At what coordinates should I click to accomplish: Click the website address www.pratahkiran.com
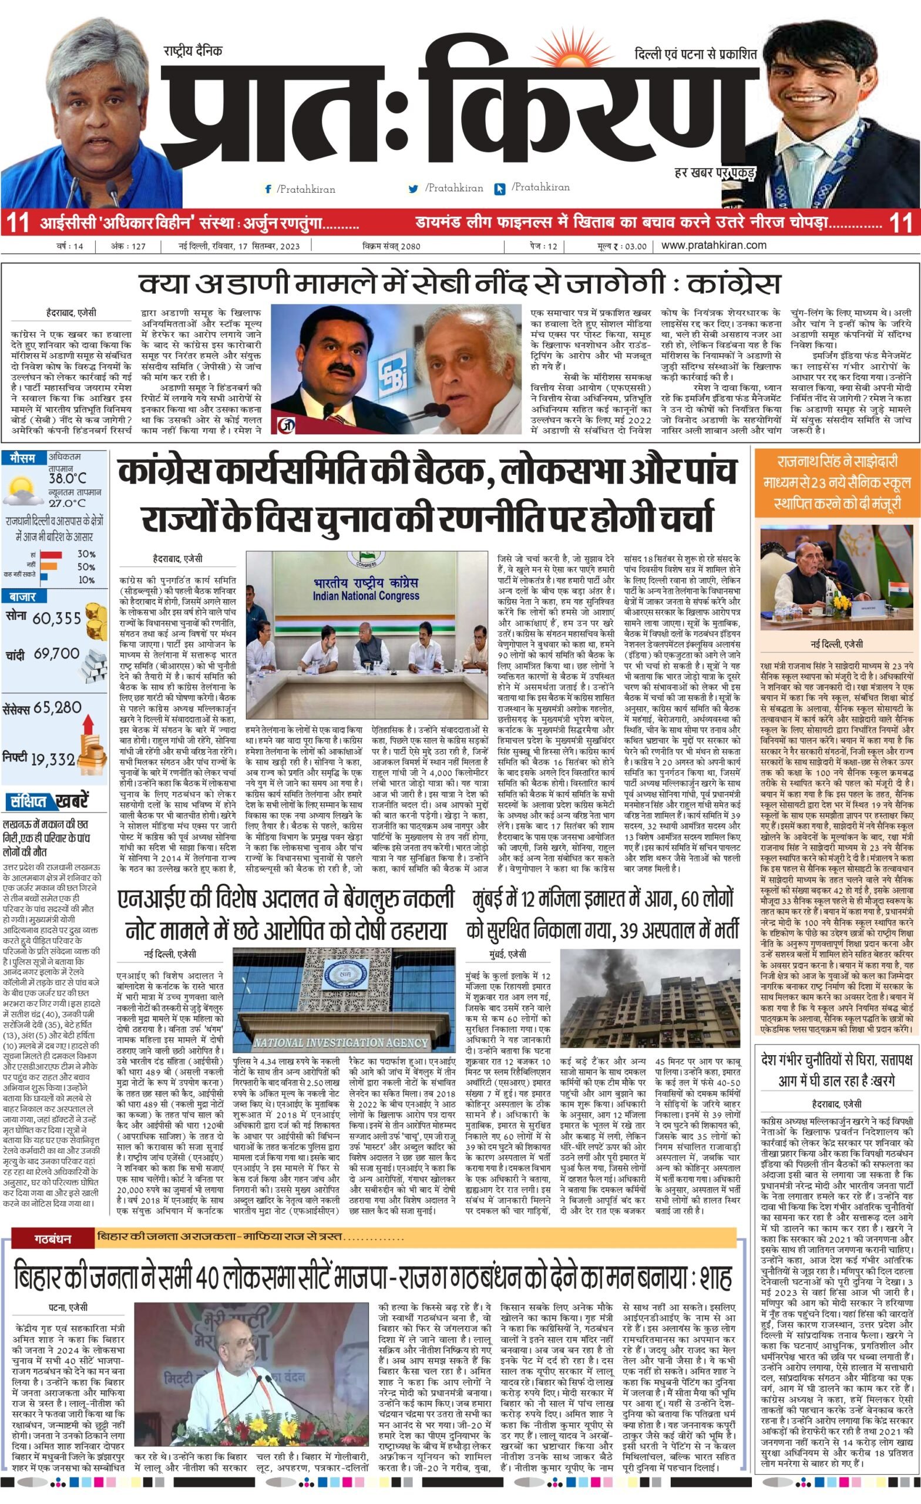(x=714, y=246)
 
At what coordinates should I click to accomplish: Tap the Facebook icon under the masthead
(x=267, y=190)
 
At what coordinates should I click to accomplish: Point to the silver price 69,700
(x=57, y=654)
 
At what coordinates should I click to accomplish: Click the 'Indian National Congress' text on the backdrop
(x=365, y=595)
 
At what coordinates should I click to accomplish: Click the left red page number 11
(x=16, y=223)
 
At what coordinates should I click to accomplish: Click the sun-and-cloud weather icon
(x=23, y=491)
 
